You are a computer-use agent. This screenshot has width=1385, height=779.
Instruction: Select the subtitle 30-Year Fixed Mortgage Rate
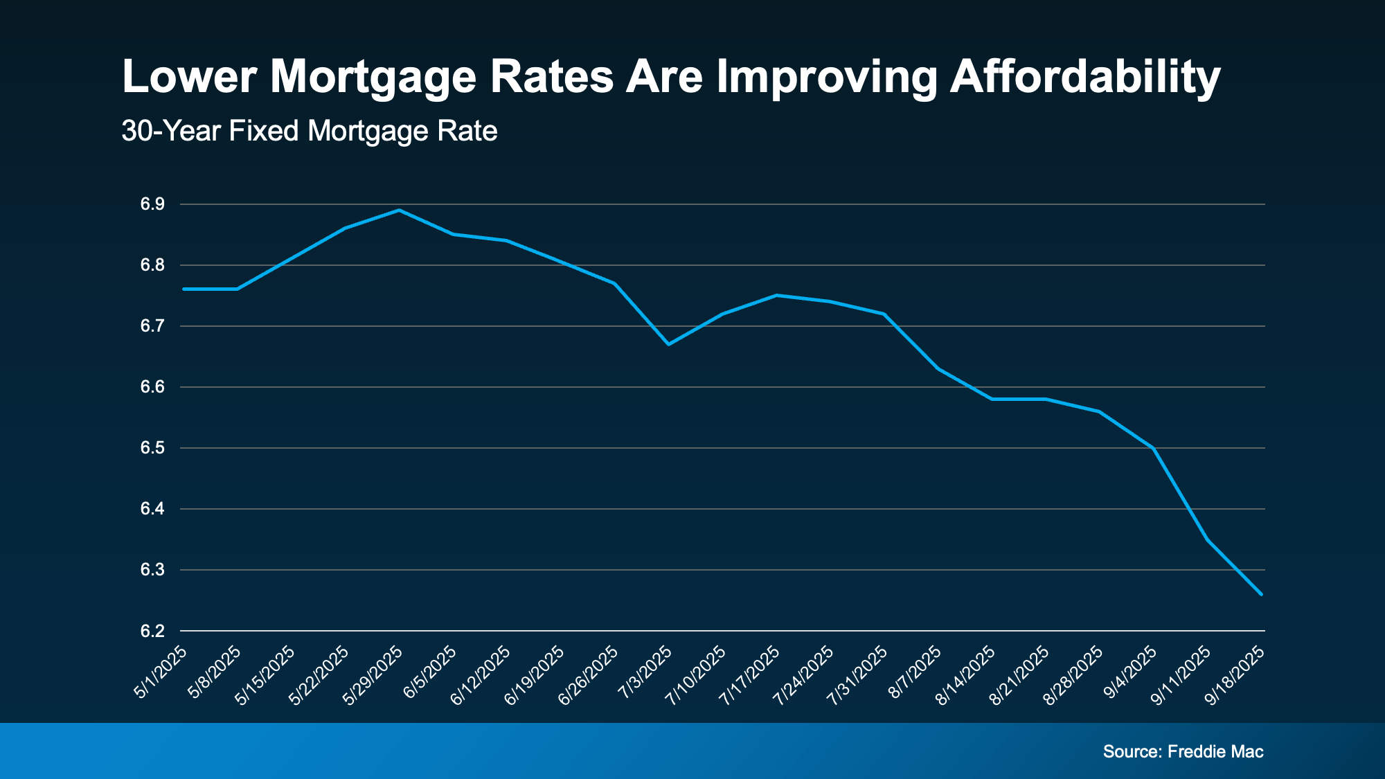[309, 131]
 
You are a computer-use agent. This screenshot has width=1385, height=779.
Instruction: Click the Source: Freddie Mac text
[1183, 751]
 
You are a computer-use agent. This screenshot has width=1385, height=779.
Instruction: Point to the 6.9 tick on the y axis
[152, 204]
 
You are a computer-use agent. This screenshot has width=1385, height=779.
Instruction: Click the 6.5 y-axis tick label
[152, 448]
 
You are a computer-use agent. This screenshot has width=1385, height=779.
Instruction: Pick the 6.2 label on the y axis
[152, 631]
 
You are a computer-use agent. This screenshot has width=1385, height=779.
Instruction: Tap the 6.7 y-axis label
[152, 326]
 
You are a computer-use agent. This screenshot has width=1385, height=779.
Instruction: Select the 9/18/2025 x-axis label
[1236, 676]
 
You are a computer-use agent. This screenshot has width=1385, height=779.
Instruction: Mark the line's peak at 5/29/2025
[399, 210]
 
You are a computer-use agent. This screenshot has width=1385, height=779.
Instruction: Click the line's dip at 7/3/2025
[668, 344]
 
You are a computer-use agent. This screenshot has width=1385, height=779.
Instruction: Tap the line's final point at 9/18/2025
[1261, 594]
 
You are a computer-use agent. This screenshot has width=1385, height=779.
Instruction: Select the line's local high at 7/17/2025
[776, 295]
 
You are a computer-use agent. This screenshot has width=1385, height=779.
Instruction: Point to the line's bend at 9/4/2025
[1153, 448]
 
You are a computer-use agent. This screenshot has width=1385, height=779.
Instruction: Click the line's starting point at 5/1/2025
[184, 289]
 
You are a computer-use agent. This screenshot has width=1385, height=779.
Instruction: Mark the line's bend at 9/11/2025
[1207, 539]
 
